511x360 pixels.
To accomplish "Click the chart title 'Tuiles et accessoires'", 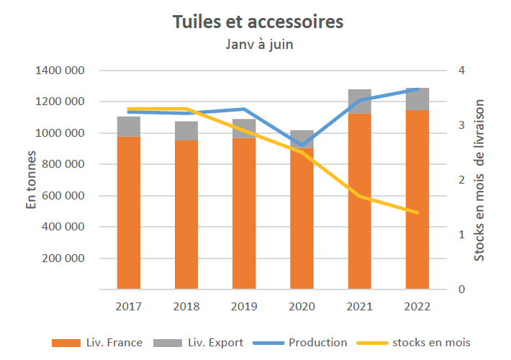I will [258, 22].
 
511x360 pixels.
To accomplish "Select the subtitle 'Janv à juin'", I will [258, 45].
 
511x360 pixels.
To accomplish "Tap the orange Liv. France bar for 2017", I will [129, 212].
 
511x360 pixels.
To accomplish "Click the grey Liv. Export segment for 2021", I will [360, 102].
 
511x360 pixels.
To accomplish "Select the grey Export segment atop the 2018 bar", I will [186, 131].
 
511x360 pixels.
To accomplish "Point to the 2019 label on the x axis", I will [244, 306].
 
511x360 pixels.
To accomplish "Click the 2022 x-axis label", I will [417, 306].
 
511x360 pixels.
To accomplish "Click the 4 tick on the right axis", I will [461, 71].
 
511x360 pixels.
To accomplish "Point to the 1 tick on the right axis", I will [461, 235].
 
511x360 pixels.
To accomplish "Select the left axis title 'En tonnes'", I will [32, 181].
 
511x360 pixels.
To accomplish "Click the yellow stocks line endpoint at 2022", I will [417, 212].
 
